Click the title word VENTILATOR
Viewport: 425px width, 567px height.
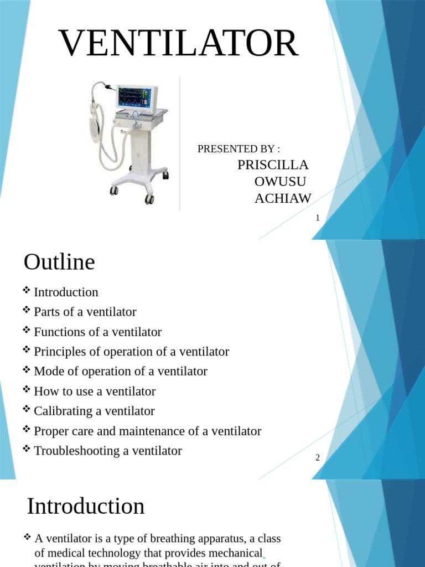tap(179, 45)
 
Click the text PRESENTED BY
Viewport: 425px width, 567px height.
tap(238, 149)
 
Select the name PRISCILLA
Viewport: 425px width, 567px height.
tap(273, 165)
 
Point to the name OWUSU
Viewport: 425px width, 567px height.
tap(280, 182)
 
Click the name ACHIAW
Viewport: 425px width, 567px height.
tap(283, 199)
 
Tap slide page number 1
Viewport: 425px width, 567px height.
tap(318, 218)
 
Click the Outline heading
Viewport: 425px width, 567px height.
tap(59, 262)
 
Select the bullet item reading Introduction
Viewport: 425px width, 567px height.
tap(66, 292)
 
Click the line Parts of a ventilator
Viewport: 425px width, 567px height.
tap(85, 312)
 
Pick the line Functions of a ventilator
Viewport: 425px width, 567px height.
tap(97, 332)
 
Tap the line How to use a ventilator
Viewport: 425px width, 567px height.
tap(95, 391)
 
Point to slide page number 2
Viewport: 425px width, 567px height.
tap(318, 457)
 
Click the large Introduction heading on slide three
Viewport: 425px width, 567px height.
tap(86, 506)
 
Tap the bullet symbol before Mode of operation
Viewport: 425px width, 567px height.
tap(27, 370)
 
